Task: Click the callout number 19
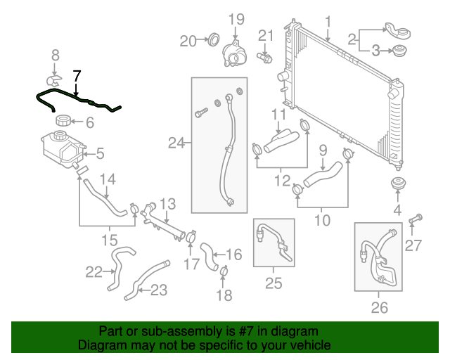[235, 18]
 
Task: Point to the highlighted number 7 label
[77, 75]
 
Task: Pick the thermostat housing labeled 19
[234, 54]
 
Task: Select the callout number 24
[175, 144]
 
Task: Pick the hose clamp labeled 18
[224, 271]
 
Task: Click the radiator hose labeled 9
[324, 172]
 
